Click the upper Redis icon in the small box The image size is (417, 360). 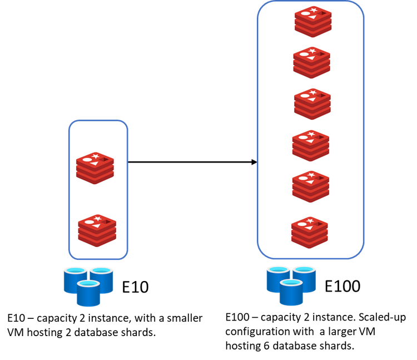(x=95, y=167)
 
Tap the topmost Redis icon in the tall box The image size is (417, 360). (x=313, y=21)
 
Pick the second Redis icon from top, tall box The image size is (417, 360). (x=311, y=62)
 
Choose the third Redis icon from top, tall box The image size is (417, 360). (x=312, y=103)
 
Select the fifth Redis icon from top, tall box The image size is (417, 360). (x=311, y=186)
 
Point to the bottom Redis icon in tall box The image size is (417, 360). (x=309, y=231)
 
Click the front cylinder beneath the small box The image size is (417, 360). (x=88, y=294)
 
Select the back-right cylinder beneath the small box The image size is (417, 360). (x=102, y=279)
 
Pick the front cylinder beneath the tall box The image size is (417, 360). (x=291, y=293)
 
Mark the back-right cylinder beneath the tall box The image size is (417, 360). (x=305, y=278)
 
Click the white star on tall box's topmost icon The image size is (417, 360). (x=314, y=11)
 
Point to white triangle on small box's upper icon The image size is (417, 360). (x=96, y=164)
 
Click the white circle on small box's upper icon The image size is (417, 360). (x=87, y=160)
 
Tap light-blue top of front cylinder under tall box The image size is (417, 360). (x=291, y=283)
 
